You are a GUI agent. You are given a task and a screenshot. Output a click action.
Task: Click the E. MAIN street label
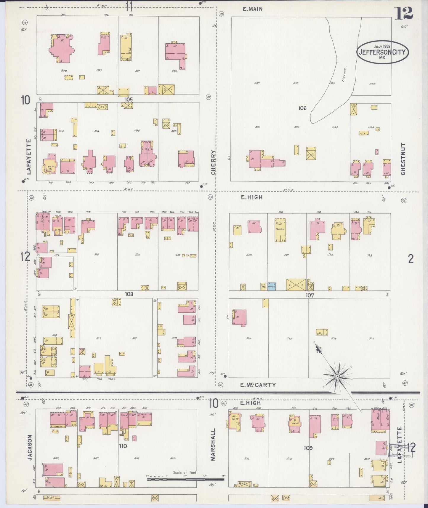[x=252, y=9]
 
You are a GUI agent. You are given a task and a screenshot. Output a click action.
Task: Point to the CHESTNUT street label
[x=403, y=159]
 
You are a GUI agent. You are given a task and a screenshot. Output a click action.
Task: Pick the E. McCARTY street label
[x=258, y=385]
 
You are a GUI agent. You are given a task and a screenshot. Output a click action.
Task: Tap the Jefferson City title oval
[x=382, y=52]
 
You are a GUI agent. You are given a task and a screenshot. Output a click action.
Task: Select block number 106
[x=302, y=108]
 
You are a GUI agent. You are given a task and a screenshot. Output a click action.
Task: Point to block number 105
[x=129, y=100]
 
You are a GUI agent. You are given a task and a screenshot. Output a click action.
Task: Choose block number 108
[x=129, y=294]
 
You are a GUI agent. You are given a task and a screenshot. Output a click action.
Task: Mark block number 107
[x=310, y=295]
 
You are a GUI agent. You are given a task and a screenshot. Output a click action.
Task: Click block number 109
[x=308, y=448]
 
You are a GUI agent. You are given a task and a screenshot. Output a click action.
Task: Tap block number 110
[x=123, y=446]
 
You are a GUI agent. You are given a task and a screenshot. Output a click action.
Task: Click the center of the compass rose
[x=337, y=376]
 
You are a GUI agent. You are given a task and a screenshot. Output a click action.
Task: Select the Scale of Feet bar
[x=186, y=479]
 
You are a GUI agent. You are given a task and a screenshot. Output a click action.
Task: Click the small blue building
[x=272, y=286]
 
